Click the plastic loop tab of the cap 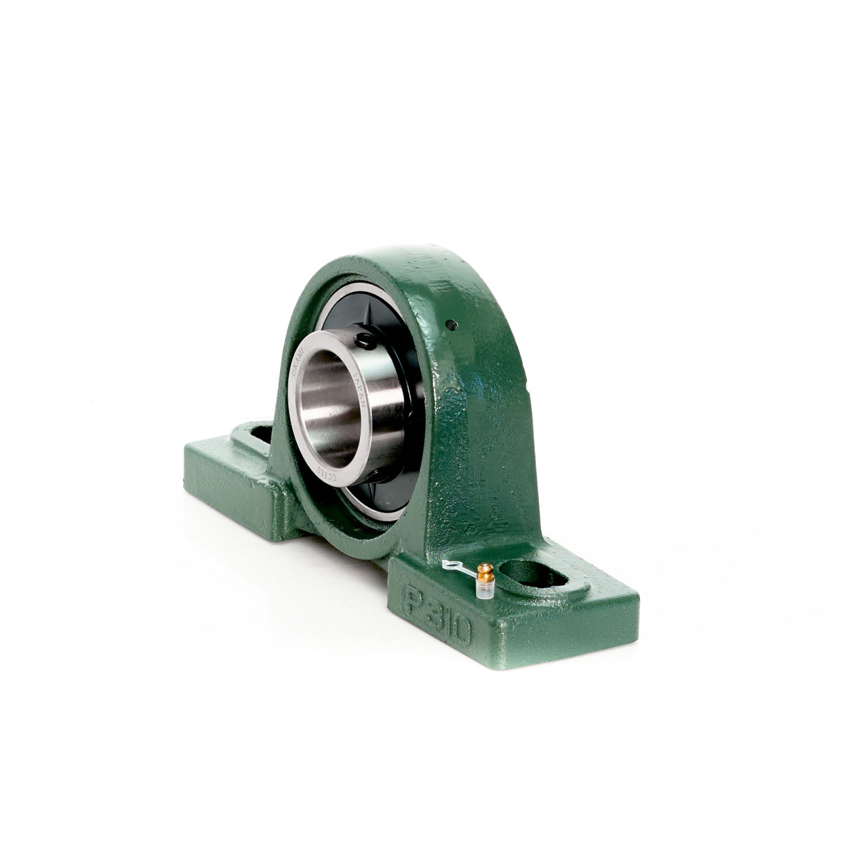[x=449, y=565]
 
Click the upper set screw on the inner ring [x=364, y=341]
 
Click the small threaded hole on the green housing [x=452, y=324]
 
